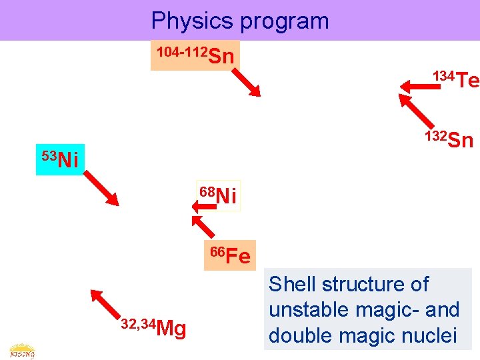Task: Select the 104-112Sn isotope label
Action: pos(195,55)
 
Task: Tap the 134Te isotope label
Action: pos(456,79)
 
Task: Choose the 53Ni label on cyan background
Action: pos(59,159)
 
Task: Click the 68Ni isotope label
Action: pos(218,195)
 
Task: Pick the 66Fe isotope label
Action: pos(230,255)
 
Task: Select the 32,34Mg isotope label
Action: pos(153,327)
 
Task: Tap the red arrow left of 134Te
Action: pos(416,85)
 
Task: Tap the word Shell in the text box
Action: pos(291,285)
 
